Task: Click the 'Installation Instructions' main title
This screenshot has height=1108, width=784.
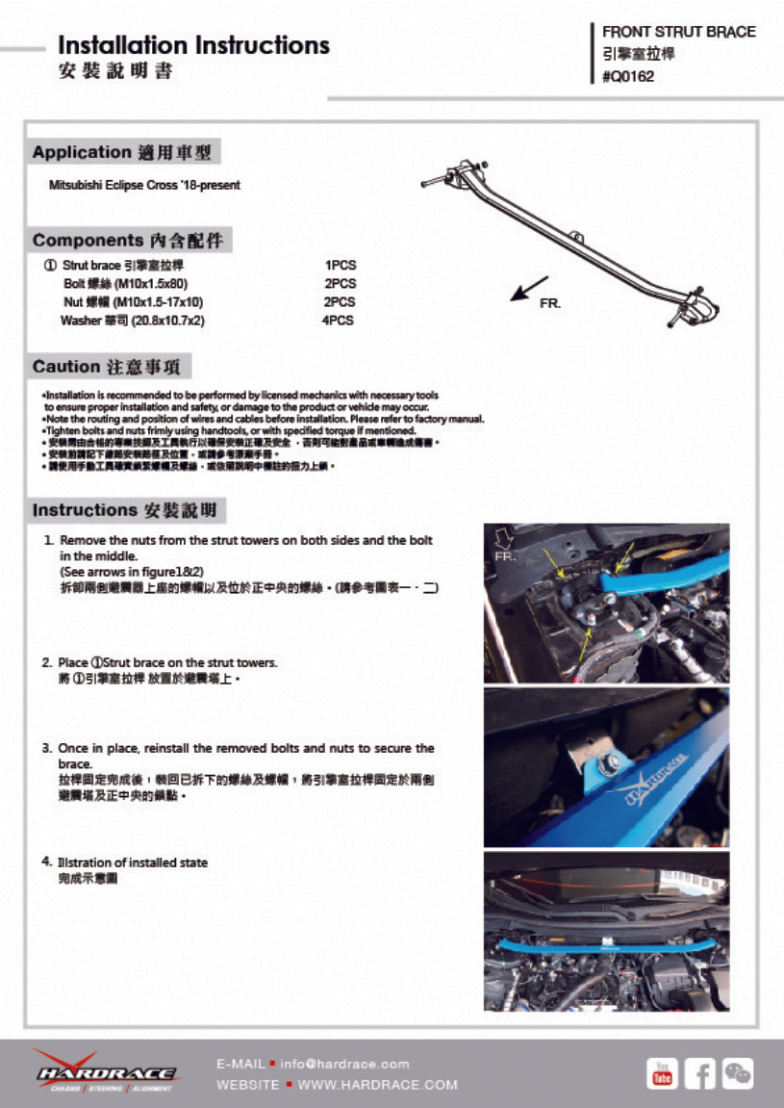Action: coord(193,45)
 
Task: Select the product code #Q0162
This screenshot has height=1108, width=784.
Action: coord(627,77)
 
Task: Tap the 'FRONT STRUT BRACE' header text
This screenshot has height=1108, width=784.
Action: coord(678,32)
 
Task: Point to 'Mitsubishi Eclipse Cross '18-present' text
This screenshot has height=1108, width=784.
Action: coord(144,185)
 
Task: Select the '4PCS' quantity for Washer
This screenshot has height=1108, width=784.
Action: coord(338,321)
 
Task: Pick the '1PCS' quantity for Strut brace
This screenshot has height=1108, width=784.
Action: coord(341,265)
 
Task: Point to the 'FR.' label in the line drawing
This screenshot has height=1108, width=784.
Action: coord(549,303)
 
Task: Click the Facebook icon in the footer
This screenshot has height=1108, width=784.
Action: coord(699,1072)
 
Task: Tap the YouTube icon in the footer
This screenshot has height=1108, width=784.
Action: coord(662,1072)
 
